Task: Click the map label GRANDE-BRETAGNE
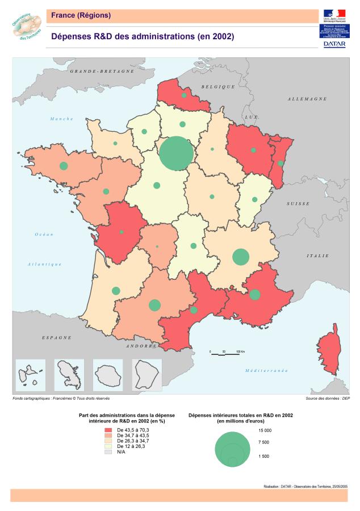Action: pyautogui.click(x=102, y=72)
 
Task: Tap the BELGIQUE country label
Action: pyautogui.click(x=218, y=86)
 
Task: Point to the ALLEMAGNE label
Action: pyautogui.click(x=307, y=99)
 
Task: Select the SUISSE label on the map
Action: pyautogui.click(x=298, y=203)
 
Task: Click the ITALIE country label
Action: pyautogui.click(x=318, y=256)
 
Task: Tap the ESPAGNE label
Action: pyautogui.click(x=57, y=337)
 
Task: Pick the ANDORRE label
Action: pyautogui.click(x=141, y=346)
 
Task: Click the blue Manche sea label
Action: pyautogui.click(x=62, y=119)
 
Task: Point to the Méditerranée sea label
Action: pyautogui.click(x=266, y=370)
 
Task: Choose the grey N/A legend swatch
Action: pyautogui.click(x=108, y=451)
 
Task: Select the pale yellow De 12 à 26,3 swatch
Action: pyautogui.click(x=108, y=446)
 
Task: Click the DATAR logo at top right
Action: pyautogui.click(x=334, y=43)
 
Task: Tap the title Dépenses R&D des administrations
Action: pyautogui.click(x=143, y=36)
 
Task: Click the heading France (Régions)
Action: pyautogui.click(x=81, y=15)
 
